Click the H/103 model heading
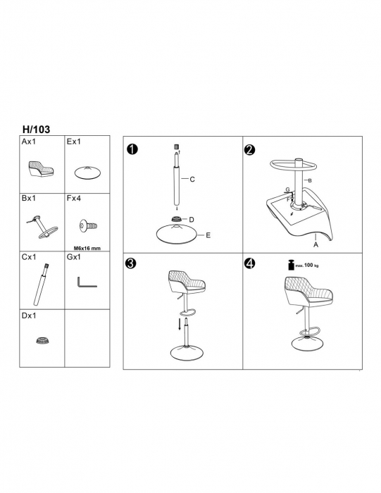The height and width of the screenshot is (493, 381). (x=36, y=129)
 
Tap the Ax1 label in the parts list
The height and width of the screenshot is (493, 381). (x=29, y=142)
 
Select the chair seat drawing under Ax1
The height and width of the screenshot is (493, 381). (x=41, y=169)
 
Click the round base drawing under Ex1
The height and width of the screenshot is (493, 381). (x=88, y=173)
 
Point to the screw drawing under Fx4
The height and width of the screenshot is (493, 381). (x=88, y=226)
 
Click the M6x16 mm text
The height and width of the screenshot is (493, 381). (x=87, y=248)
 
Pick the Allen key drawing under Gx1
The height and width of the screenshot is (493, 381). (x=87, y=282)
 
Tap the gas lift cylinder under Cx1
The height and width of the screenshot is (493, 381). (x=41, y=285)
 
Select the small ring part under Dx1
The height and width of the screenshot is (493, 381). (x=43, y=340)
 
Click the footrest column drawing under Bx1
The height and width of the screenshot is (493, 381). (x=42, y=226)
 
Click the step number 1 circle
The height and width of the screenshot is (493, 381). (x=132, y=149)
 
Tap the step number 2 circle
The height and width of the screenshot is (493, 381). (x=249, y=149)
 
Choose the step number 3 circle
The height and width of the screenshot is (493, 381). (x=130, y=263)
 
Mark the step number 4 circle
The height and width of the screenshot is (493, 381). (x=249, y=263)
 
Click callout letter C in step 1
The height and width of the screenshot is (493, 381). (x=192, y=179)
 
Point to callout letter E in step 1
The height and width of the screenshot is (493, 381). (x=208, y=235)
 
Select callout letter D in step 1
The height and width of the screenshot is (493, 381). (x=192, y=220)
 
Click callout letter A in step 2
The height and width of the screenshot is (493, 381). (x=316, y=244)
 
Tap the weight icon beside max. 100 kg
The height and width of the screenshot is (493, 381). (x=291, y=265)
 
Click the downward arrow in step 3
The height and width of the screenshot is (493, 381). (x=180, y=324)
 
